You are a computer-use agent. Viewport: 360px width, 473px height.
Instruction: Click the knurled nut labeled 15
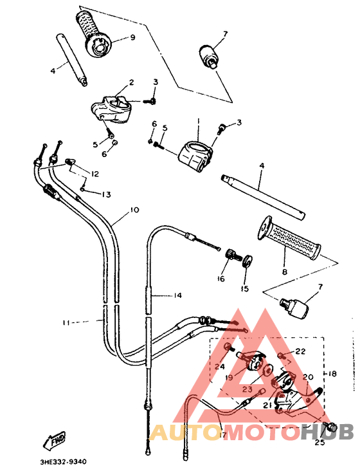tap(246, 261)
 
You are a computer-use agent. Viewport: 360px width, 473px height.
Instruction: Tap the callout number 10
tap(134, 210)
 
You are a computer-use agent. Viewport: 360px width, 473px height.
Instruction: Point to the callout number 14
tap(177, 295)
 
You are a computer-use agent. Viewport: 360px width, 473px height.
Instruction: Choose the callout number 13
tap(105, 194)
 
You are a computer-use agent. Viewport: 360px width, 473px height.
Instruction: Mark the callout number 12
tap(94, 174)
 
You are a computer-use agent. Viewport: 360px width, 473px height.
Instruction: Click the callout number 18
tap(332, 374)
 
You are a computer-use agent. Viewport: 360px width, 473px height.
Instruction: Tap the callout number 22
tap(300, 351)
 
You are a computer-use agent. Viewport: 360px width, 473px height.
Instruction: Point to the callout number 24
tap(220, 367)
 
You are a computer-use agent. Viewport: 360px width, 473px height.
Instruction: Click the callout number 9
tap(132, 38)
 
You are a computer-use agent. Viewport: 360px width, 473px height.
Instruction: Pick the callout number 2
tap(131, 82)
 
